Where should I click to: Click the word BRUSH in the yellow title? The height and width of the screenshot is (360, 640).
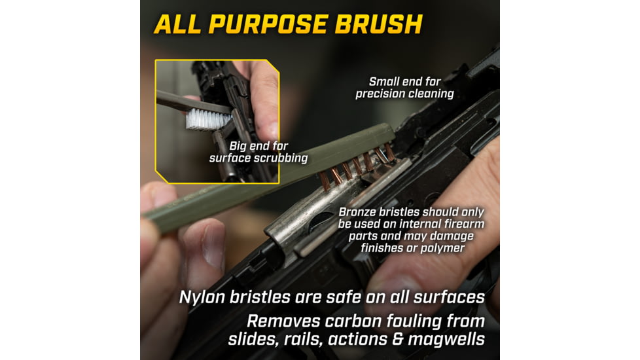[378, 24]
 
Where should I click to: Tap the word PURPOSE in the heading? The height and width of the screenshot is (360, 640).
[268, 24]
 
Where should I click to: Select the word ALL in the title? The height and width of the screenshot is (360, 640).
[177, 24]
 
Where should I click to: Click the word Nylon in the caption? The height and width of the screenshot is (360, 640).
[202, 297]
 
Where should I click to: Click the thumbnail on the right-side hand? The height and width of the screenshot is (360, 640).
[398, 286]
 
